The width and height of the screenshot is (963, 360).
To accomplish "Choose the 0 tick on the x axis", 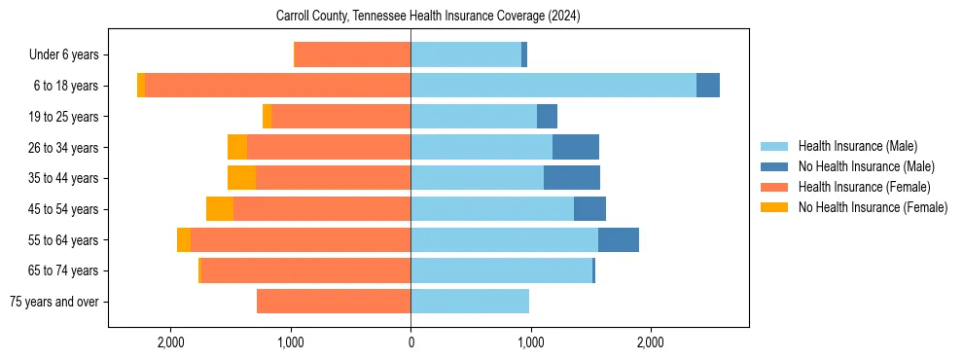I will pyautogui.click(x=410, y=342).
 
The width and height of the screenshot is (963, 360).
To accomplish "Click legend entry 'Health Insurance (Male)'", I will pyautogui.click(x=857, y=146).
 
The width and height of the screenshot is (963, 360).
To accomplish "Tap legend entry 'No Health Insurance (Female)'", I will pyautogui.click(x=873, y=207).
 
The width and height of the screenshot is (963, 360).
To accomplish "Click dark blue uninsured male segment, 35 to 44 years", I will pyautogui.click(x=572, y=178).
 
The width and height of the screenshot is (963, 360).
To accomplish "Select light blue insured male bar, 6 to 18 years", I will pyautogui.click(x=553, y=86).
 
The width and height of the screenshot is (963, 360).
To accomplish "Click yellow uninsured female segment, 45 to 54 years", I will pyautogui.click(x=220, y=209).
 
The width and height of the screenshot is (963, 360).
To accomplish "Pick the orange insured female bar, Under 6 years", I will pyautogui.click(x=352, y=55).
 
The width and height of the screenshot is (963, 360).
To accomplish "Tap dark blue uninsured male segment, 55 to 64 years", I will pyautogui.click(x=619, y=240).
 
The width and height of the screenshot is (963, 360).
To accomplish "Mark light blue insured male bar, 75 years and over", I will pyautogui.click(x=470, y=302).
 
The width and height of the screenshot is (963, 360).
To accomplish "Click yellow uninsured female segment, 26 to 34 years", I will pyautogui.click(x=237, y=147).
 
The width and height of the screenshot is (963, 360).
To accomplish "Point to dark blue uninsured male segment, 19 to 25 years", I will pyautogui.click(x=547, y=117).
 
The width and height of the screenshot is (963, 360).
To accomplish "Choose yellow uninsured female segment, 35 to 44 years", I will pyautogui.click(x=241, y=178).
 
